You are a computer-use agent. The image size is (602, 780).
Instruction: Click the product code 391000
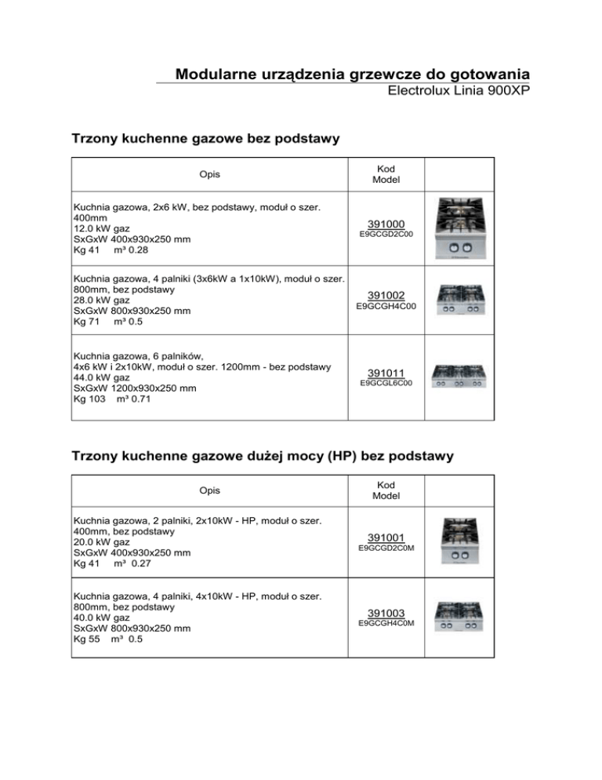click(386, 224)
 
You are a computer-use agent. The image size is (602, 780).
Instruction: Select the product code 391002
click(386, 295)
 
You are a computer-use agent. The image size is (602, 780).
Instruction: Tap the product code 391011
click(386, 373)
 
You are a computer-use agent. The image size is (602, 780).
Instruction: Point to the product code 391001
click(386, 537)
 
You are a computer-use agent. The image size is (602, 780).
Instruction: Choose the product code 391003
click(386, 612)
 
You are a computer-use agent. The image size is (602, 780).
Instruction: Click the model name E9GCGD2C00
click(386, 235)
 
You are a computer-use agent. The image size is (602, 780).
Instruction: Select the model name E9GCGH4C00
click(386, 306)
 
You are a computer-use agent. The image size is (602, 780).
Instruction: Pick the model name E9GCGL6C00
click(386, 384)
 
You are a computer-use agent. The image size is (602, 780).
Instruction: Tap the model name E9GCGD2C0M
click(386, 548)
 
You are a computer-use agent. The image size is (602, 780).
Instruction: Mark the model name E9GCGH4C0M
click(386, 623)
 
